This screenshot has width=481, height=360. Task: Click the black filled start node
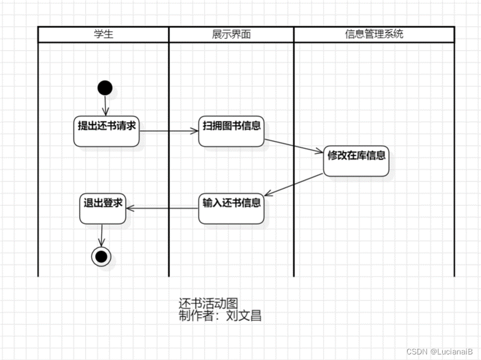(105, 87)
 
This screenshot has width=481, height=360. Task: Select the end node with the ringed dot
(101, 256)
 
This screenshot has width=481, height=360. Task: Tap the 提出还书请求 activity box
(106, 131)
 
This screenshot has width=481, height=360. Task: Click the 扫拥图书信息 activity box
(231, 131)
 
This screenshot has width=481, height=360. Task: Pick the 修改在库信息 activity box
(356, 161)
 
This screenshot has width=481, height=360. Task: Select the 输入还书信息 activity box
(231, 208)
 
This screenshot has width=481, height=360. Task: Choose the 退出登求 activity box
(103, 208)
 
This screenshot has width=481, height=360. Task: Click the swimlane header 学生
(103, 34)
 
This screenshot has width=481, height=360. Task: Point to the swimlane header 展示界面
(231, 34)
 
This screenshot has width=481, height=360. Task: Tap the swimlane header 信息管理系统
(374, 34)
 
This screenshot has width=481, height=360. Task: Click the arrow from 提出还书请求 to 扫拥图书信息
(169, 131)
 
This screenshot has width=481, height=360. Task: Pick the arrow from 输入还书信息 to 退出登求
(162, 209)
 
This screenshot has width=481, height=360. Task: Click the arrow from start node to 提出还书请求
(105, 105)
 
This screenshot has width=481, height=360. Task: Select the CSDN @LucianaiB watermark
(439, 352)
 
